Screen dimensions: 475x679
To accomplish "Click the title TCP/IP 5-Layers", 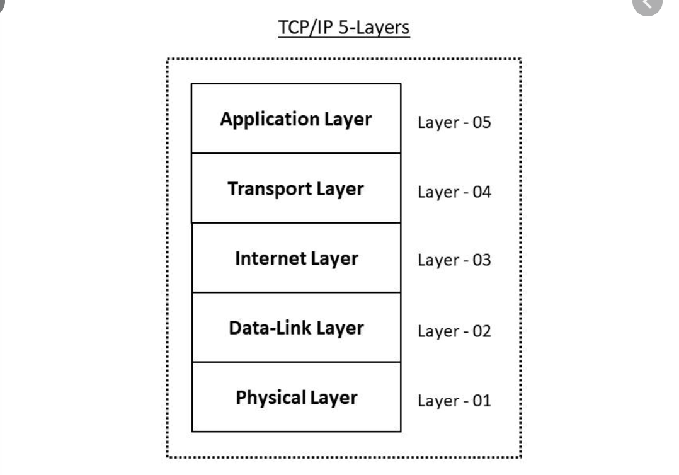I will click(x=344, y=28).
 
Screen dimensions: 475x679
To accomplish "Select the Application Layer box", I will click(x=296, y=118).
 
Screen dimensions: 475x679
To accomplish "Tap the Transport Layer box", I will click(x=296, y=188).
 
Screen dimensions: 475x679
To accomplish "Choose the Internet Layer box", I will click(x=296, y=258).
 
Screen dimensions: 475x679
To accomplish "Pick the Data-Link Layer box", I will click(x=296, y=328).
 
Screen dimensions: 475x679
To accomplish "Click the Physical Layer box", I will click(x=296, y=397).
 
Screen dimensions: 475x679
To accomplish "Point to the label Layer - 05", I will click(x=454, y=122).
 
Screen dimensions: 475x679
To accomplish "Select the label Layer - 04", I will click(x=454, y=192).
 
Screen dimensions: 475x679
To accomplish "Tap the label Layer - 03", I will click(x=454, y=260).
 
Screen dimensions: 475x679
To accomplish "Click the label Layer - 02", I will click(x=454, y=331).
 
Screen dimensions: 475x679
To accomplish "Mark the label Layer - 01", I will click(x=454, y=401).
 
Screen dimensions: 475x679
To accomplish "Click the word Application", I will click(x=270, y=120).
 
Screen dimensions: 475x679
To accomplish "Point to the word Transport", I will click(x=270, y=189).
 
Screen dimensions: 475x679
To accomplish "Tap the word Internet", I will click(x=270, y=258).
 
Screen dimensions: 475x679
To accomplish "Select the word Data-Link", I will click(x=270, y=328).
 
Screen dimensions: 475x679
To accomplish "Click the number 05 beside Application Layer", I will click(x=481, y=122).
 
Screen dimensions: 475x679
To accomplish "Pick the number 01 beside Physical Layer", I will click(x=481, y=401).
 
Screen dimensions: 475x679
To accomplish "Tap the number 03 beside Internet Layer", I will click(x=481, y=260).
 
